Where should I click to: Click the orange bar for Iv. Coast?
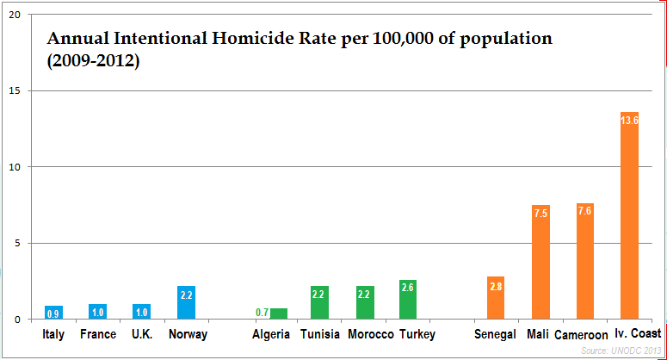[629, 215]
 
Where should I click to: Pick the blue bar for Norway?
[186, 302]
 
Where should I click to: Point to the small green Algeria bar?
[279, 313]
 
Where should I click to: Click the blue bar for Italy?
[53, 312]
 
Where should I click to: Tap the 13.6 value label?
[629, 121]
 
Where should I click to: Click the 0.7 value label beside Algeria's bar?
[262, 312]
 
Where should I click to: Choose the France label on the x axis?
[97, 334]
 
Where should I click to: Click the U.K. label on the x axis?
[142, 334]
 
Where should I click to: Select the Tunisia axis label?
[319, 334]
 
